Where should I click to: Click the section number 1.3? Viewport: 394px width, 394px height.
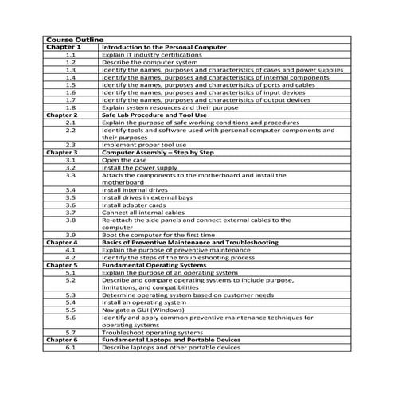(x=70, y=69)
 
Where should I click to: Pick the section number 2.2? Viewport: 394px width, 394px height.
(x=70, y=130)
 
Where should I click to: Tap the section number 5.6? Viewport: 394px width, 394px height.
(x=70, y=317)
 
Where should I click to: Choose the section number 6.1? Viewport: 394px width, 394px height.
(x=70, y=347)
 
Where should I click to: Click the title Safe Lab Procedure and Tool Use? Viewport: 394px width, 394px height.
(x=151, y=115)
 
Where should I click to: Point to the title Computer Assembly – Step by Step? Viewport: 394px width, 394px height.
(x=158, y=151)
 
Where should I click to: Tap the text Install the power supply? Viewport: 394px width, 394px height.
(x=140, y=167)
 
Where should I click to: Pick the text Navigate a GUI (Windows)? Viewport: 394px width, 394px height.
(x=143, y=310)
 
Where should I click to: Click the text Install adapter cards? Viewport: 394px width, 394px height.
(x=133, y=205)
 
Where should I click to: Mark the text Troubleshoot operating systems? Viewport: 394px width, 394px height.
(x=152, y=332)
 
